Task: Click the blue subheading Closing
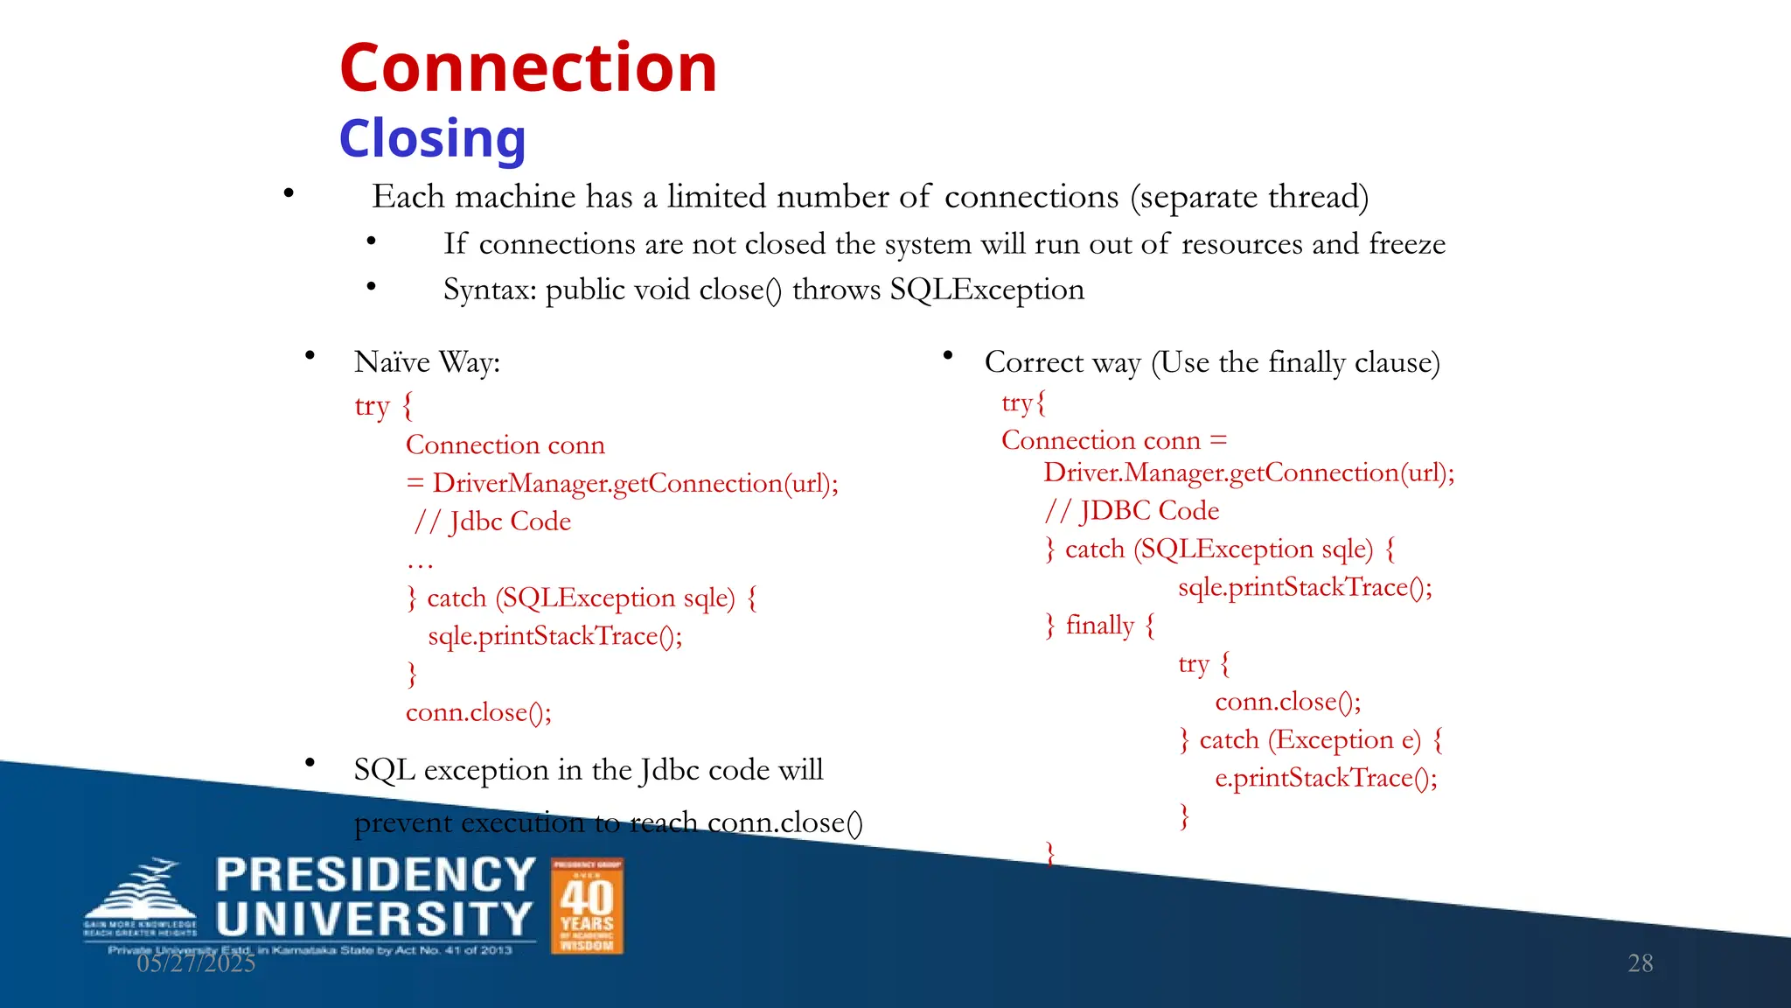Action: coord(432,138)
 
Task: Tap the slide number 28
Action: coord(1640,963)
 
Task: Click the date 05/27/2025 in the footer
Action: coord(196,963)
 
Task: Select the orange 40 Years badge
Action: coord(587,906)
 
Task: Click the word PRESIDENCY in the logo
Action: coord(375,875)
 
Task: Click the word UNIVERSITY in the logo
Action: coord(375,919)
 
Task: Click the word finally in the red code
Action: coord(1099,625)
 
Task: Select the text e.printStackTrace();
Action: coord(1326,778)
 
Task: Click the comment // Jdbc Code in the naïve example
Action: coord(493,521)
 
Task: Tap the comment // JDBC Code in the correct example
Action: coord(1132,511)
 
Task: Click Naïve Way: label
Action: coord(427,362)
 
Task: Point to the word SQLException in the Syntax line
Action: coord(986,290)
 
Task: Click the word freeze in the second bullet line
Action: coord(1406,244)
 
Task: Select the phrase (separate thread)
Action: coord(1249,197)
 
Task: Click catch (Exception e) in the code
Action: coord(1309,740)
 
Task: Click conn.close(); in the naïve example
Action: coord(478,712)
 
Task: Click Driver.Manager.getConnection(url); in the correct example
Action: coord(1248,473)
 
